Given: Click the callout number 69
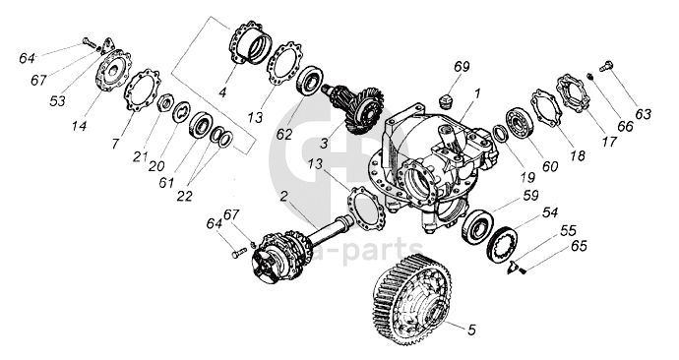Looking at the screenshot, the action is click(462, 67).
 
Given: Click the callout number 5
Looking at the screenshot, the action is click(471, 330).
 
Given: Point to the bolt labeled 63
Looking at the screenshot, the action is click(607, 67).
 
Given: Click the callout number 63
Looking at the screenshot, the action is click(643, 114).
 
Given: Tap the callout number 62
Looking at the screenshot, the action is click(284, 134).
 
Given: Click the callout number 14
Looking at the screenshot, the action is click(80, 126).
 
